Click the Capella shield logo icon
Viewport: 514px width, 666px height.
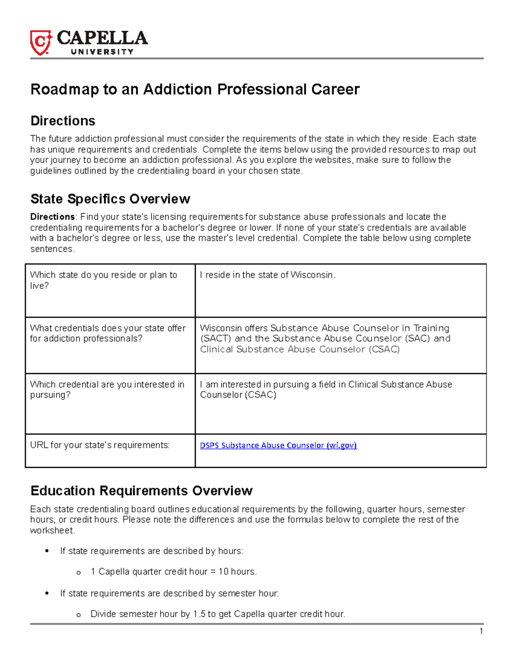(41, 43)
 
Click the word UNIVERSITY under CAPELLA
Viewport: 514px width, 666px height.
(102, 52)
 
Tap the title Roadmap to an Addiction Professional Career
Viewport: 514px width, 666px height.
(195, 89)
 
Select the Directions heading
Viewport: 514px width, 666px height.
(63, 121)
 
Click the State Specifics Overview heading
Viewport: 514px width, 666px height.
(110, 199)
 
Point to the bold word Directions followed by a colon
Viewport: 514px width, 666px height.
(52, 217)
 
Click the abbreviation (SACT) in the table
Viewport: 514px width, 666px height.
(215, 338)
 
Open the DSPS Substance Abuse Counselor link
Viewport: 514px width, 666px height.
(278, 446)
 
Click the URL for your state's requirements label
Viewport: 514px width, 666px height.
(99, 445)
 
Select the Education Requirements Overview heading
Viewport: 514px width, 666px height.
(141, 491)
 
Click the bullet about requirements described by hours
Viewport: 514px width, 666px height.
(151, 551)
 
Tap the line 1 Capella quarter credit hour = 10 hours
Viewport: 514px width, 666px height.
(173, 572)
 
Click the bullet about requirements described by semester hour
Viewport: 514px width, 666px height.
(169, 594)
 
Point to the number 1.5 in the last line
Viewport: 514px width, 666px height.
(199, 614)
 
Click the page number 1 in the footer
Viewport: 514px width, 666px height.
(481, 631)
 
